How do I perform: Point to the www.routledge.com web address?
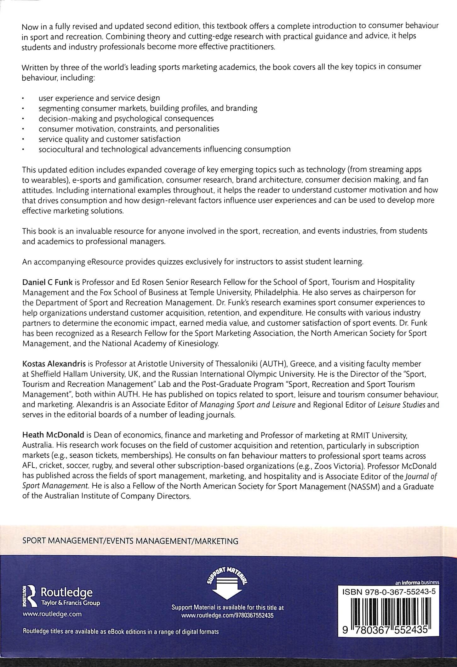52,614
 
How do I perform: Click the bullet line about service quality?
109,139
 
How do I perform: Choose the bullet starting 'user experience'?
99,98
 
